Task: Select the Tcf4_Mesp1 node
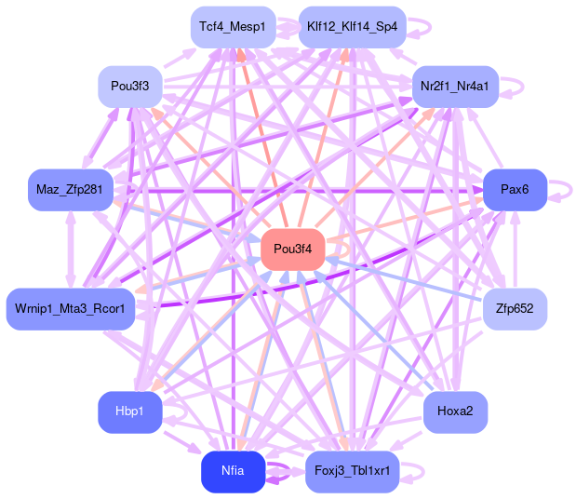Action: pyautogui.click(x=232, y=27)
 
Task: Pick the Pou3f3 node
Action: pyautogui.click(x=130, y=87)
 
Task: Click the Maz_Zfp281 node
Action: pyautogui.click(x=70, y=191)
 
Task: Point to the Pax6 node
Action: pyautogui.click(x=515, y=190)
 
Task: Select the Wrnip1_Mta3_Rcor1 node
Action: pyautogui.click(x=71, y=309)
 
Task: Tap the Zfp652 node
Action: pyautogui.click(x=515, y=308)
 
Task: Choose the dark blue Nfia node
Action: pyautogui.click(x=233, y=471)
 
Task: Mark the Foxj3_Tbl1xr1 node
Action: pyautogui.click(x=352, y=471)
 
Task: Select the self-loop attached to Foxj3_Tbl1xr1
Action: pyautogui.click(x=416, y=471)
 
